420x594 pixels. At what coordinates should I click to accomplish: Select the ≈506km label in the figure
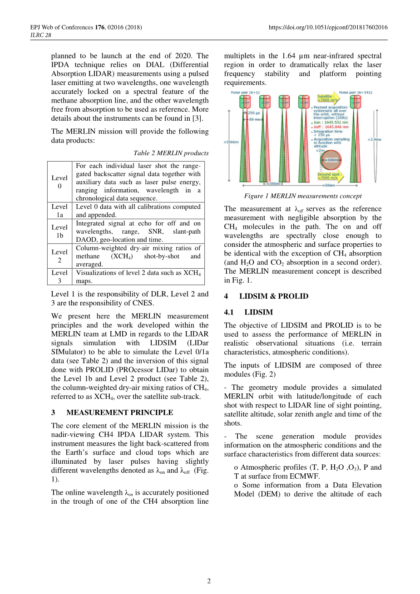[231, 142]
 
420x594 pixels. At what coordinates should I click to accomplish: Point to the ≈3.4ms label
[375, 139]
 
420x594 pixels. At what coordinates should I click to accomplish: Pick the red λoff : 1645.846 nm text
[331, 127]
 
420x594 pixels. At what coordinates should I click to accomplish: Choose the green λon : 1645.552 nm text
[331, 123]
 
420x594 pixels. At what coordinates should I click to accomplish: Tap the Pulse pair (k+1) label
[245, 93]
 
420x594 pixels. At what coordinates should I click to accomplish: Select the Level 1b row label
[59, 231]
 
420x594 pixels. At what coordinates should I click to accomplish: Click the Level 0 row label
[59, 182]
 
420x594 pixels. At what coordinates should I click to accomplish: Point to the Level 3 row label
[59, 277]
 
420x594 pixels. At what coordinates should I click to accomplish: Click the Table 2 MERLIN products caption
[171, 153]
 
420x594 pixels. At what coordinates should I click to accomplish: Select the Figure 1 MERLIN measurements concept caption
[303, 196]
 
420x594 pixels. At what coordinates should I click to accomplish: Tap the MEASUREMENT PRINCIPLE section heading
[119, 412]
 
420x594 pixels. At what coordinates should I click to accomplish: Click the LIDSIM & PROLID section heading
[273, 296]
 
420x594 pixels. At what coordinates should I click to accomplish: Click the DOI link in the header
[328, 27]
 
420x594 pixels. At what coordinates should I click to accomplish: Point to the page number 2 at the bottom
[209, 581]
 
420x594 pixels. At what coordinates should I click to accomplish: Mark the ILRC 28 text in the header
[41, 35]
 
